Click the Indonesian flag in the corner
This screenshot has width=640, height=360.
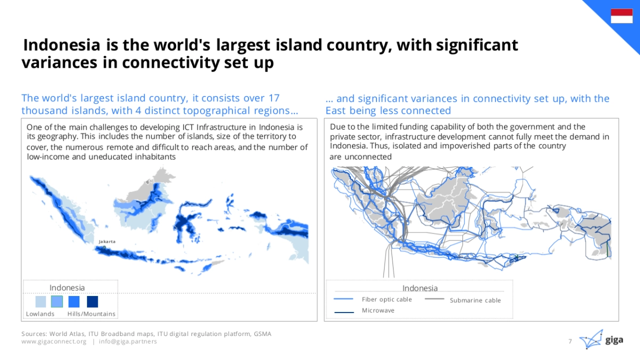coord(622,15)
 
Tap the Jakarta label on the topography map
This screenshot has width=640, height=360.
coord(107,242)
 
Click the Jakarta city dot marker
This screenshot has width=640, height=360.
coord(105,247)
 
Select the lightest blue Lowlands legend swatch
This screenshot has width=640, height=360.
coord(41,302)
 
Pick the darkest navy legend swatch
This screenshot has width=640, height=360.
coord(92,302)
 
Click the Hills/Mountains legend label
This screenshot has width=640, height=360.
coord(91,314)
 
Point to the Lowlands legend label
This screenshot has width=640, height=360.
coord(40,314)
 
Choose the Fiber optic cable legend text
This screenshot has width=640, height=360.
coord(387,299)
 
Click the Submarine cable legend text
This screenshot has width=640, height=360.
coord(475,300)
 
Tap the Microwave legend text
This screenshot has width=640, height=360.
coord(378,310)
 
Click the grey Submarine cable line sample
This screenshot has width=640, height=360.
coord(434,299)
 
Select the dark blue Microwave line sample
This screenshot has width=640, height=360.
coord(344,313)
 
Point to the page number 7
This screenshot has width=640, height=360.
coord(570,341)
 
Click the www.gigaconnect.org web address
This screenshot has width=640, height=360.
coord(54,341)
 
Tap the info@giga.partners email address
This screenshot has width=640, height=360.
coord(127,341)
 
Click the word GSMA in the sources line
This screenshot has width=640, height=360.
coord(262,334)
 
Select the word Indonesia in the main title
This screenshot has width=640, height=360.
coord(62,45)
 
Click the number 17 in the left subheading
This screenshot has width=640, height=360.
coord(274,98)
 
